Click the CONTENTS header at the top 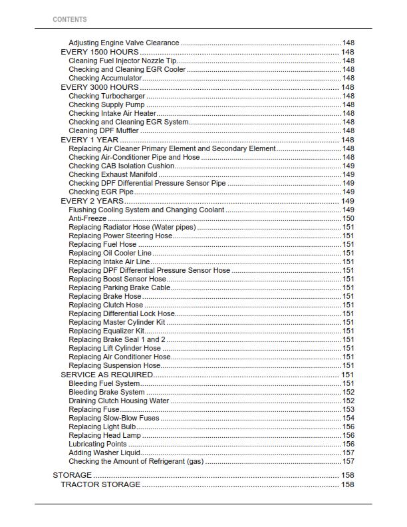pyautogui.click(x=69, y=19)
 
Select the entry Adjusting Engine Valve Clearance pyautogui.click(x=124, y=43)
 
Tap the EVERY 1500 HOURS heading pyautogui.click(x=100, y=52)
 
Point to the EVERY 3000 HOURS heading pyautogui.click(x=100, y=87)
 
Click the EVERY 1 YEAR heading pyautogui.click(x=90, y=140)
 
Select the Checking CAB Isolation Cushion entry pyautogui.click(x=122, y=166)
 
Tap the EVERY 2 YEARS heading pyautogui.click(x=92, y=201)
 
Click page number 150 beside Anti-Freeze pyautogui.click(x=348, y=218)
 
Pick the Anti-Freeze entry pyautogui.click(x=87, y=218)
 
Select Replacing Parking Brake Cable pyautogui.click(x=119, y=288)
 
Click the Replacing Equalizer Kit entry pyautogui.click(x=106, y=331)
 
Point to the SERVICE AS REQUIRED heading pyautogui.click(x=106, y=375)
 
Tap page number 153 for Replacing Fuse pyautogui.click(x=348, y=410)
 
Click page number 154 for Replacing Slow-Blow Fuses pyautogui.click(x=348, y=419)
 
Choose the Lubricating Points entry pyautogui.click(x=97, y=444)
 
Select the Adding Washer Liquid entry pyautogui.click(x=104, y=453)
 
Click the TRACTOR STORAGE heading pyautogui.click(x=100, y=484)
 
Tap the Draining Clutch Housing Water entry pyautogui.click(x=119, y=401)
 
